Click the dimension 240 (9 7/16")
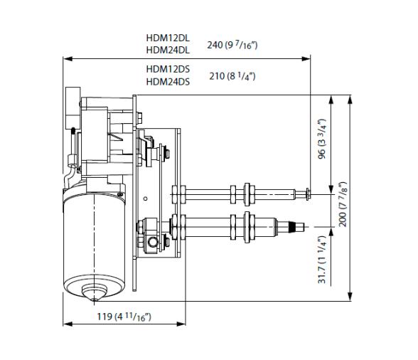tap(232, 45)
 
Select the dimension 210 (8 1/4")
tap(232, 75)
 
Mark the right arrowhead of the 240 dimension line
tap(308, 58)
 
